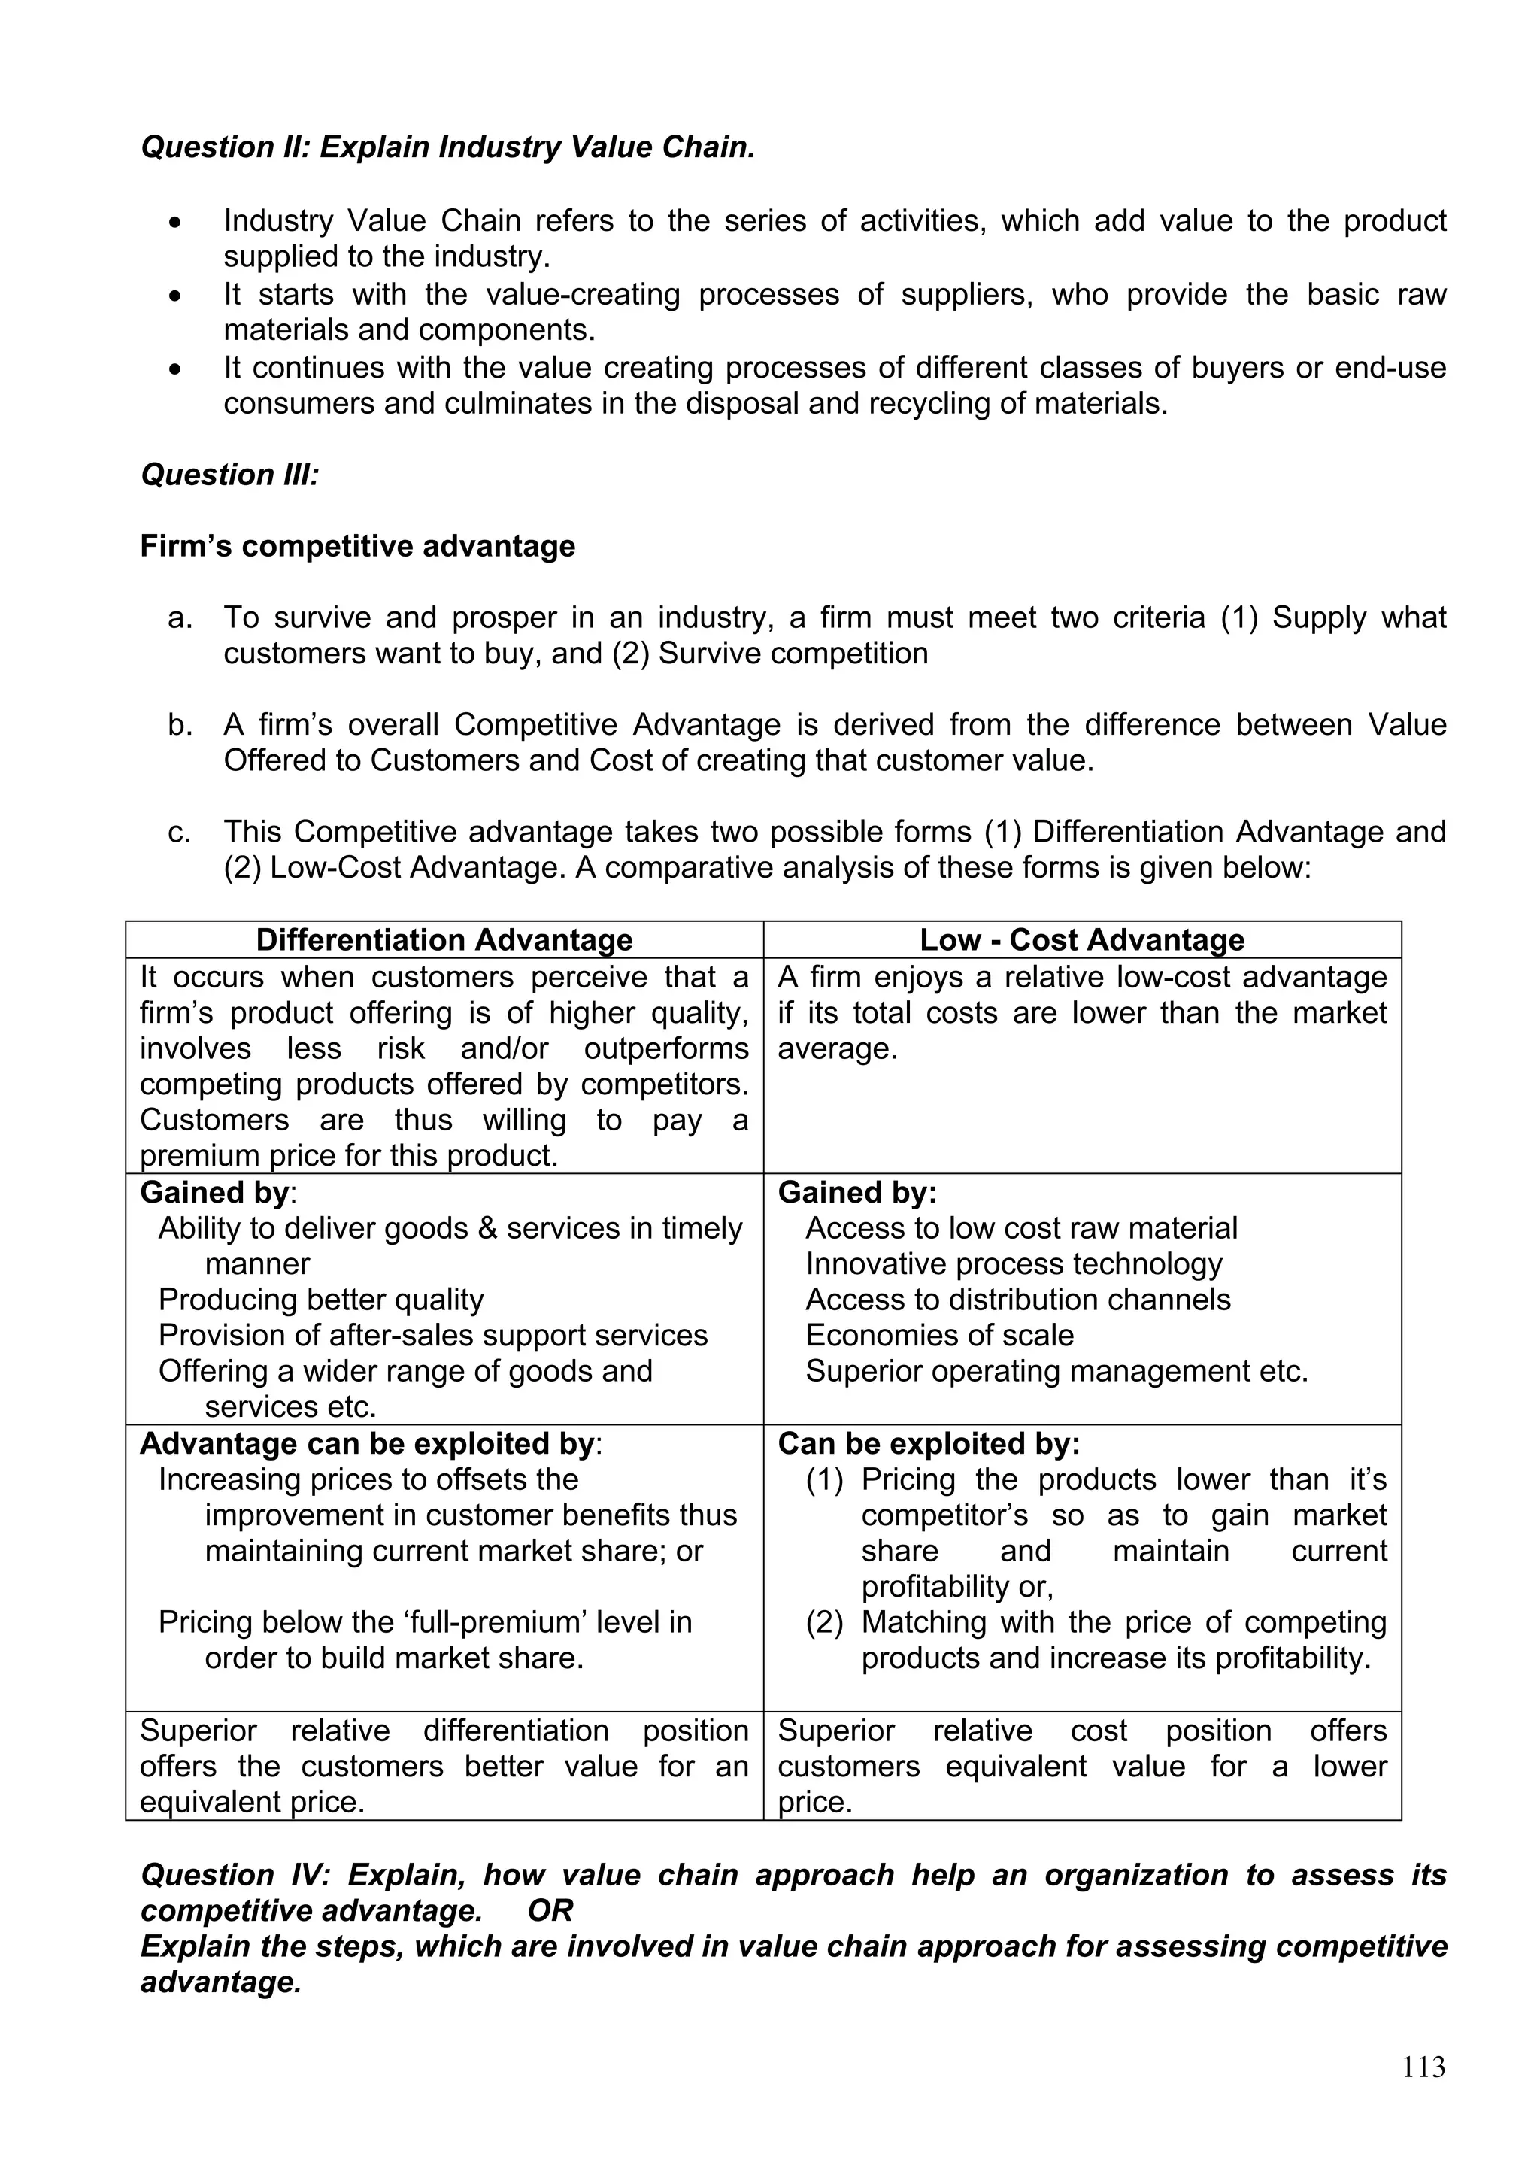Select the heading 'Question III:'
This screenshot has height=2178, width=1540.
click(x=229, y=475)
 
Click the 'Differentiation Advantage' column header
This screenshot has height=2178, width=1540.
click(x=444, y=939)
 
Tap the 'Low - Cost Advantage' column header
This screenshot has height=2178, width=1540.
click(x=1081, y=939)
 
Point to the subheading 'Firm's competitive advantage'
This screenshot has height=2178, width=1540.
click(x=357, y=547)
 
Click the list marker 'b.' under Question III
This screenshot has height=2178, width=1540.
click(x=180, y=725)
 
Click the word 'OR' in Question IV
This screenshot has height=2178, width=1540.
click(x=550, y=1910)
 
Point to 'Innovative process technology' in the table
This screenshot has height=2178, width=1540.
click(x=1013, y=1263)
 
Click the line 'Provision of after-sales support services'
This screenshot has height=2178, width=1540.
click(x=432, y=1335)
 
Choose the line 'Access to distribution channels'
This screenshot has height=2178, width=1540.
click(x=1017, y=1299)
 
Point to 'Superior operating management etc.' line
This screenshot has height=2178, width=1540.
click(x=1056, y=1371)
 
